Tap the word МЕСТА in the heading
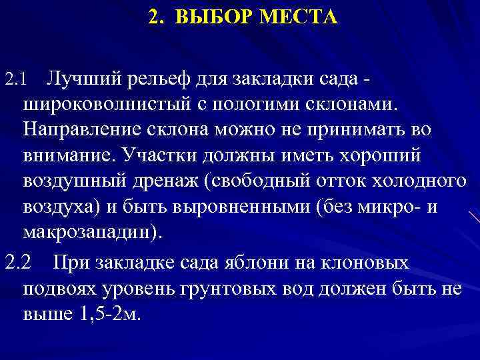click(x=301, y=15)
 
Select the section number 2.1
click(x=14, y=81)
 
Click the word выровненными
click(x=237, y=207)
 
